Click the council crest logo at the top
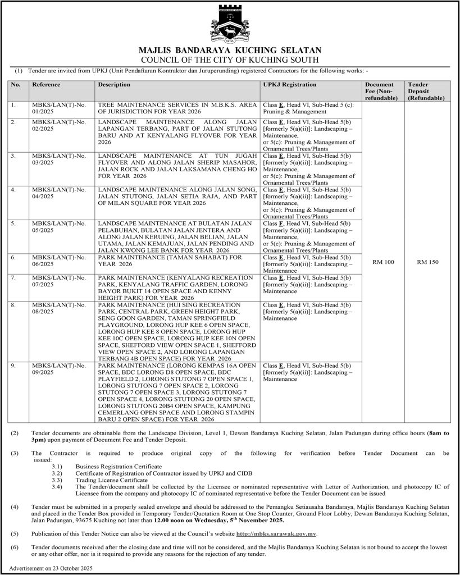tap(230, 23)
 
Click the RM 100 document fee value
tap(384, 262)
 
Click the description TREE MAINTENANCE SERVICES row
tap(177, 108)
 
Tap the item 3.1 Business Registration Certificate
tap(119, 467)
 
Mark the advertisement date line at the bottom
tap(51, 568)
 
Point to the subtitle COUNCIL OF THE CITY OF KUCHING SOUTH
tap(230, 60)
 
